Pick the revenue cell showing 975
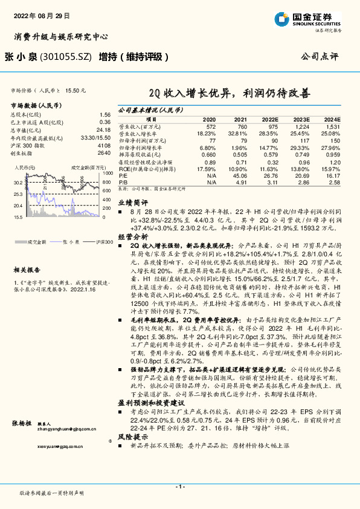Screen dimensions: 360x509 (x=273, y=127)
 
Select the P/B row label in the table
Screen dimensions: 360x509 (x=123, y=181)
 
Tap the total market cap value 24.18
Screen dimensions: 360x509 (x=104, y=129)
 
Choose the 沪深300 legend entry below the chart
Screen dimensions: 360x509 (x=103, y=242)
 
